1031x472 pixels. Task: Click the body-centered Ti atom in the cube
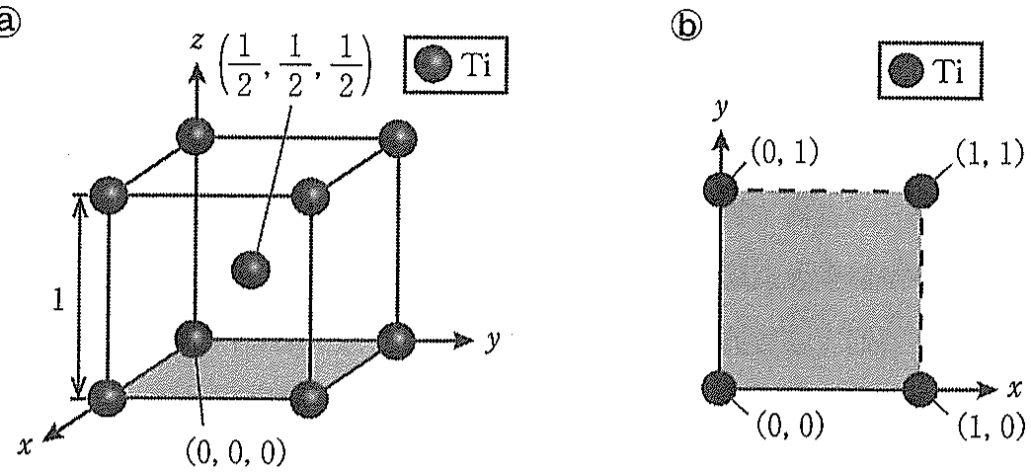pos(251,270)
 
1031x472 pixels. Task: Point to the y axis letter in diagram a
pos(491,342)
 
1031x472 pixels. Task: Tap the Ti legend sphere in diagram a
pos(433,64)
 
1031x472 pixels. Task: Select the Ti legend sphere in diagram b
pos(907,70)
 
